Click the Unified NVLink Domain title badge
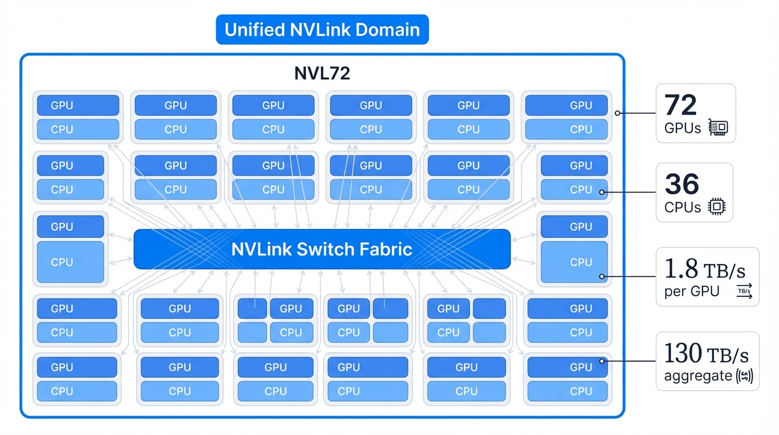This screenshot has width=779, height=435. pyautogui.click(x=322, y=29)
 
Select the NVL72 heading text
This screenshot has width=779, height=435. pyautogui.click(x=322, y=74)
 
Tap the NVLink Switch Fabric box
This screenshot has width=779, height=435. pyautogui.click(x=322, y=249)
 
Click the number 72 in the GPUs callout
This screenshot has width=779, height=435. pyautogui.click(x=680, y=105)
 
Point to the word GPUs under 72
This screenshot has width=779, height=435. pyautogui.click(x=683, y=128)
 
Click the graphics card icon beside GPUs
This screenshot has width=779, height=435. pyautogui.click(x=718, y=128)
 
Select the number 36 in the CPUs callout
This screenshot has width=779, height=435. pyautogui.click(x=682, y=185)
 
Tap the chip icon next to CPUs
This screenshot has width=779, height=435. pyautogui.click(x=717, y=207)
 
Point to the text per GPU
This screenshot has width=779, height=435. pyautogui.click(x=692, y=292)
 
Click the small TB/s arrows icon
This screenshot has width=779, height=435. pyautogui.click(x=744, y=291)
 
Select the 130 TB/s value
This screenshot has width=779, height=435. pyautogui.click(x=706, y=355)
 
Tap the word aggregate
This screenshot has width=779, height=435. pyautogui.click(x=697, y=376)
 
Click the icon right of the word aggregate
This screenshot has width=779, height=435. pyautogui.click(x=743, y=376)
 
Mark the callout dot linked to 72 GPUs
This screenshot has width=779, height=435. pyautogui.click(x=617, y=113)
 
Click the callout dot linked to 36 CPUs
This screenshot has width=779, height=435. pyautogui.click(x=602, y=193)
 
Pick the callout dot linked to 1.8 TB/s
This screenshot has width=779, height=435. pyautogui.click(x=602, y=277)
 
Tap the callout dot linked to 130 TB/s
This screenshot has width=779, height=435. pyautogui.click(x=602, y=361)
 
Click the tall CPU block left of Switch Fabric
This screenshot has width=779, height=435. pyautogui.click(x=71, y=262)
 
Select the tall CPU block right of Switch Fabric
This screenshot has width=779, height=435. pyautogui.click(x=574, y=262)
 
